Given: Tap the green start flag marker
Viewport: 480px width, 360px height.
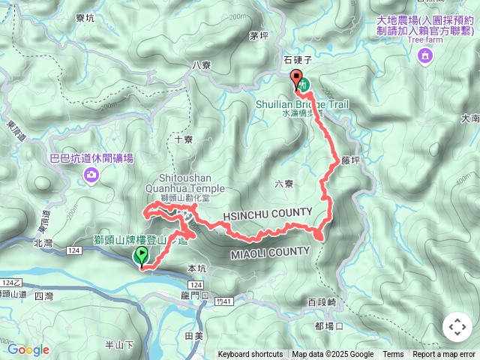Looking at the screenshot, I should point(141,256).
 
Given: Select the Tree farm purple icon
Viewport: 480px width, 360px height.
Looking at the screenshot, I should point(426,55).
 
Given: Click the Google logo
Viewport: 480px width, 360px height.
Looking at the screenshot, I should point(28,349).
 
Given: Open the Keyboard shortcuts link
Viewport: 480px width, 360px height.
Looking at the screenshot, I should point(250,355).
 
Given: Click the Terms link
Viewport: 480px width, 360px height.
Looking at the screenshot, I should point(393,355).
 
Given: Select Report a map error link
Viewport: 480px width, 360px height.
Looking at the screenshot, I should point(444,355).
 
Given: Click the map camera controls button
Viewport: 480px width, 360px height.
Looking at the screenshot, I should point(457,327).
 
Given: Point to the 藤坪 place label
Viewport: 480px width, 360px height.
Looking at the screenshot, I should point(351,160).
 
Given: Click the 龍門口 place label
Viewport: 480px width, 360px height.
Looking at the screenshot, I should point(193,296).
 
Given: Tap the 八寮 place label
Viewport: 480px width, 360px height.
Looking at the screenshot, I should point(202,65).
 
